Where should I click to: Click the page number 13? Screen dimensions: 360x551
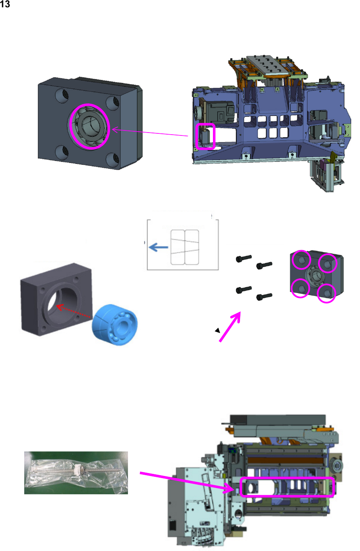click(5, 4)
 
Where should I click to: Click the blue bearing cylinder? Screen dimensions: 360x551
click(115, 324)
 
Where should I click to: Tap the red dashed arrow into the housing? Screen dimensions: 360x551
click(73, 311)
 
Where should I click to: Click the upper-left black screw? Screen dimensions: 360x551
click(244, 258)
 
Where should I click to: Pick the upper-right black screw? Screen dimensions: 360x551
click(264, 265)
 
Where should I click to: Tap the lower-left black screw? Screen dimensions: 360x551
click(244, 290)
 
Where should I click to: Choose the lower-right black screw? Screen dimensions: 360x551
click(264, 297)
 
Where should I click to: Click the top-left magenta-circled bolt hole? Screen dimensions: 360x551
click(302, 260)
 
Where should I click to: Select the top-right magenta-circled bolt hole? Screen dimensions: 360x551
click(327, 263)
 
